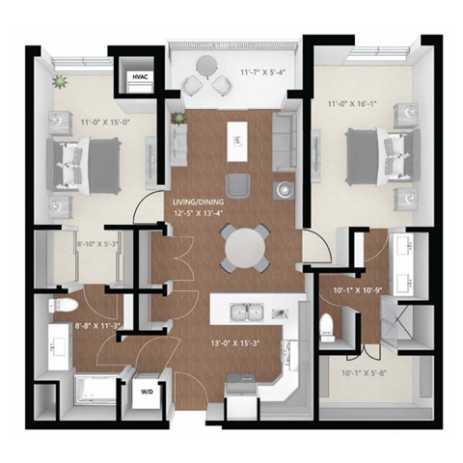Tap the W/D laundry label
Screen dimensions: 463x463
[x=148, y=393]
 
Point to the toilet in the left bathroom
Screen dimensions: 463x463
[x=60, y=308]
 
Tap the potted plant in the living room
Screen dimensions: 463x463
[x=177, y=119]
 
